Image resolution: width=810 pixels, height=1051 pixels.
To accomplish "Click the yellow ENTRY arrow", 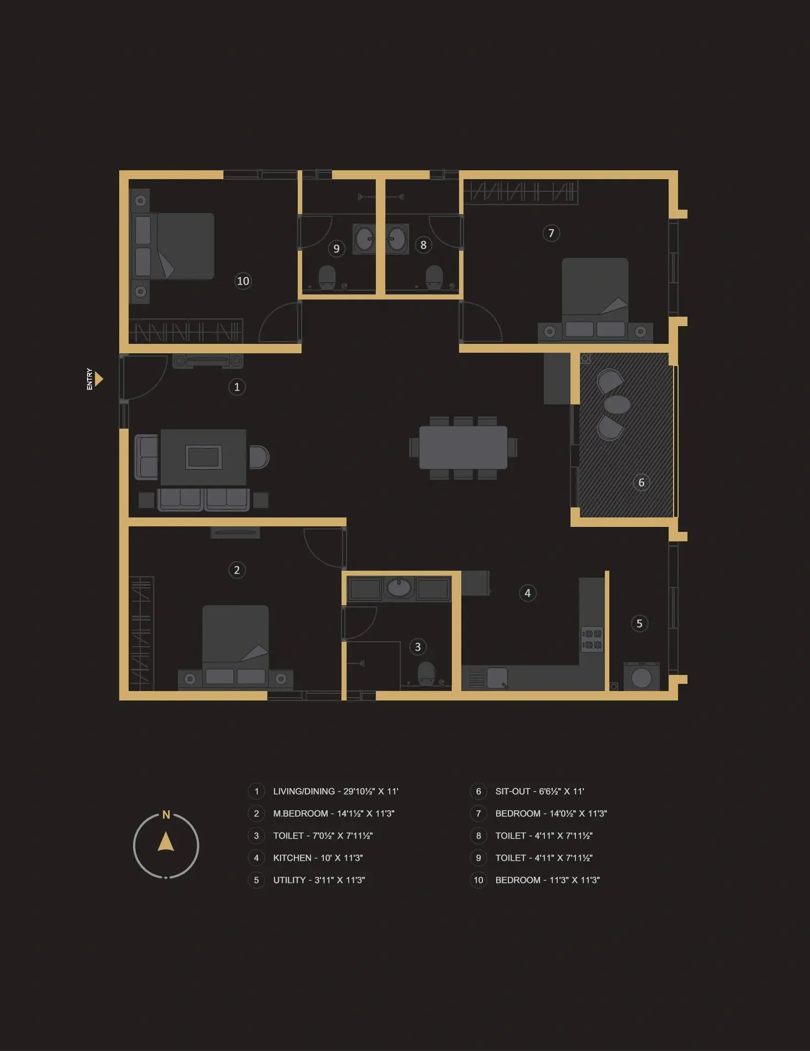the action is pyautogui.click(x=99, y=379).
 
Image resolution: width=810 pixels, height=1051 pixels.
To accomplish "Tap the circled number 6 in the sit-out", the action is pyautogui.click(x=641, y=483).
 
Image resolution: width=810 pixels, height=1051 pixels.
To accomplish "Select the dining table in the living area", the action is pyautogui.click(x=463, y=448).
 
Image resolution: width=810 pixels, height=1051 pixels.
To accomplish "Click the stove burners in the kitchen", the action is pyautogui.click(x=592, y=639).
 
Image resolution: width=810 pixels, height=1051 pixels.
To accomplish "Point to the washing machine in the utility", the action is pyautogui.click(x=641, y=677).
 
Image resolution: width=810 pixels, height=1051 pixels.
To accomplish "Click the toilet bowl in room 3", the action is pyautogui.click(x=426, y=673).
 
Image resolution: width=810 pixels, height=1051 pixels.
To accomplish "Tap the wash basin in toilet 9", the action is pyautogui.click(x=365, y=239).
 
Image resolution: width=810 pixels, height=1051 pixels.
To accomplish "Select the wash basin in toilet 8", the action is pyautogui.click(x=397, y=239).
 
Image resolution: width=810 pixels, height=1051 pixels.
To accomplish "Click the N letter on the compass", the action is pyautogui.click(x=166, y=815).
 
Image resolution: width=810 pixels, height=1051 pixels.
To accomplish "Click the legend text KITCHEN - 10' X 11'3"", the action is pyautogui.click(x=318, y=858).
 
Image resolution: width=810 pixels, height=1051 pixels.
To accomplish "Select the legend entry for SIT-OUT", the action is pyautogui.click(x=539, y=791).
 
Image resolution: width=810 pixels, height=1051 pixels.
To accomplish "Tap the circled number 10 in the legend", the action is pyautogui.click(x=478, y=880).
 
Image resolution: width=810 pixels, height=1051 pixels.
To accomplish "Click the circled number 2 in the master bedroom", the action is pyautogui.click(x=237, y=570).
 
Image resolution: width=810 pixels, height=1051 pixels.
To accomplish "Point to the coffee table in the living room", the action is pyautogui.click(x=203, y=457).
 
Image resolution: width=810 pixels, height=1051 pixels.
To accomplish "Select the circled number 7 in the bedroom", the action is pyautogui.click(x=551, y=233).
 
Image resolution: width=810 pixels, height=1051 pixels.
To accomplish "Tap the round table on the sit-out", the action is pyautogui.click(x=617, y=404).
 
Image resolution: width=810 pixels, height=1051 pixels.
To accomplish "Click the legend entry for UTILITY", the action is pyautogui.click(x=319, y=880).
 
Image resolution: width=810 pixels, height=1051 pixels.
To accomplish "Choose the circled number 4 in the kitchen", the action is pyautogui.click(x=528, y=593).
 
